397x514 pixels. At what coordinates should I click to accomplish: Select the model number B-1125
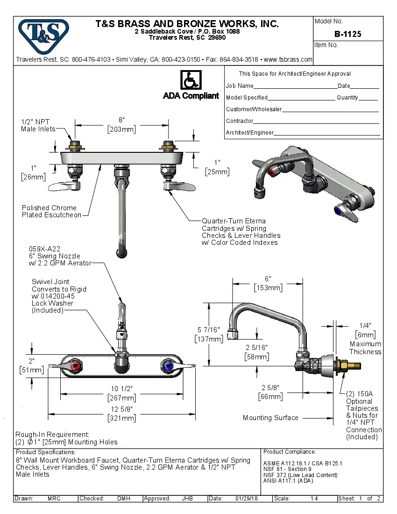pos(347,34)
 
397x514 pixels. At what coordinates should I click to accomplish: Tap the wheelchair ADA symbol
pos(191,80)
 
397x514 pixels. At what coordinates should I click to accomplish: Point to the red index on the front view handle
pos(74,365)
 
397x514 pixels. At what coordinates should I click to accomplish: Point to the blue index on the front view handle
pos(167,365)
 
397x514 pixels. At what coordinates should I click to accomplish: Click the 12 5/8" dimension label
pos(121,409)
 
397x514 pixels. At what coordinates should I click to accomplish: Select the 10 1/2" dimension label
pos(121,389)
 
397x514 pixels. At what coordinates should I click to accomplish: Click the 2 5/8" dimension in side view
pos(270,387)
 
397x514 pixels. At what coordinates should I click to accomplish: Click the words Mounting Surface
pos(270,418)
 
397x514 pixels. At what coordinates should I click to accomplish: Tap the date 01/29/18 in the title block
pos(246,499)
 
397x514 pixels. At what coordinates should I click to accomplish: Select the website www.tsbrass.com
pos(288,59)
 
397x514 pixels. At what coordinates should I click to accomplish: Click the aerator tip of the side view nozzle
pos(232,335)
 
